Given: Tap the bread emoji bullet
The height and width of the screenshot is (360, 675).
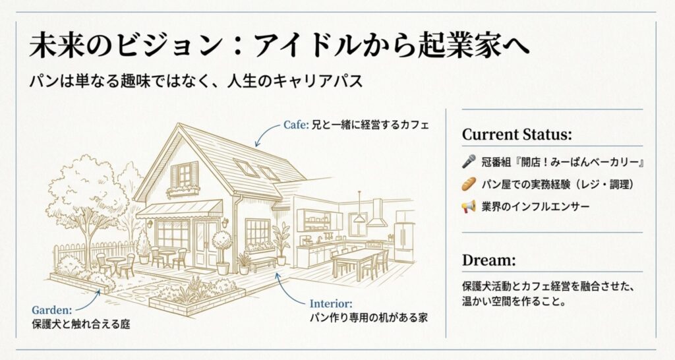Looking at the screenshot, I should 469,183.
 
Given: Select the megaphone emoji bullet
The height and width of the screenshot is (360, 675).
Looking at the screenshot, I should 469,206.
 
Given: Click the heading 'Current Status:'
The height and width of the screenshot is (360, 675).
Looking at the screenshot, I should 516,135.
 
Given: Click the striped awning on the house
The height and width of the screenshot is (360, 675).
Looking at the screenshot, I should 179,210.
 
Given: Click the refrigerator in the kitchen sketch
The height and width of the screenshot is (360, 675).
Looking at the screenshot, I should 404,241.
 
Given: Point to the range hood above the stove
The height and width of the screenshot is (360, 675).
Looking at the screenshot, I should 378,215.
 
